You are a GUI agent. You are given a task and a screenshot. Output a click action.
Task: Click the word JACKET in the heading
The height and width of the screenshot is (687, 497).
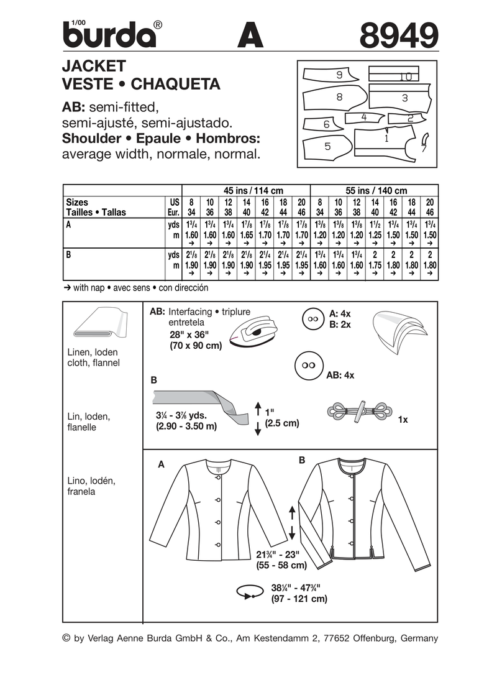pos(94,66)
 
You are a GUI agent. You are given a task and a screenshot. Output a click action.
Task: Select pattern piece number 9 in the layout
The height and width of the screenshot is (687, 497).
pos(339,75)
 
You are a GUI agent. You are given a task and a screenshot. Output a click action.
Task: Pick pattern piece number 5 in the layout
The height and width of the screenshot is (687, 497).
pos(327,148)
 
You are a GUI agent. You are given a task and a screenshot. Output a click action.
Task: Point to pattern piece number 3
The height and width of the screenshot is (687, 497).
pos(404,98)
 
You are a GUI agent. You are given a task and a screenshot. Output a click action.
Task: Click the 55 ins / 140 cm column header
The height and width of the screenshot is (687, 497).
pos(374,191)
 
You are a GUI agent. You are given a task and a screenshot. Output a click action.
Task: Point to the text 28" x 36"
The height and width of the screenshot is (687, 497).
pos(193,334)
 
